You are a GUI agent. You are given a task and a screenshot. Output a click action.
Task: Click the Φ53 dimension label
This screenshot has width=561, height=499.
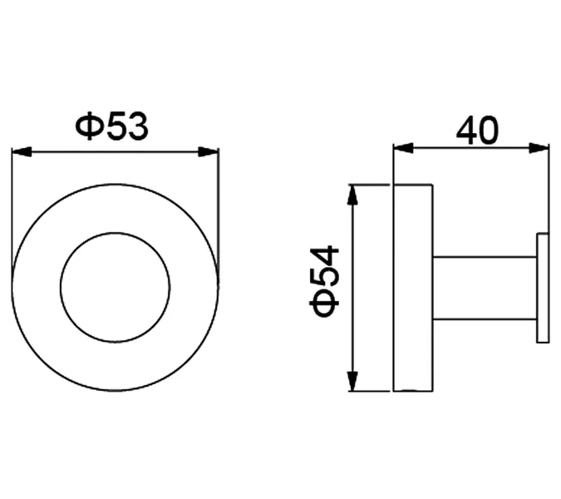pos(111,126)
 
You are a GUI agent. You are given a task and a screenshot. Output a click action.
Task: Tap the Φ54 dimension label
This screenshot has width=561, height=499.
pos(324,281)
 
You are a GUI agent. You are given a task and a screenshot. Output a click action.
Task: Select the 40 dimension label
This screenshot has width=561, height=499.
pos(477,130)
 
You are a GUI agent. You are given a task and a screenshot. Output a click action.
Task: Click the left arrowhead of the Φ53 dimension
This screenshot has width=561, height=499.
pos(22,151)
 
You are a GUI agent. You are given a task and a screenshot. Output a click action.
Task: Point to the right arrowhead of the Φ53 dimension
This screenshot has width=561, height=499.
pos(209,151)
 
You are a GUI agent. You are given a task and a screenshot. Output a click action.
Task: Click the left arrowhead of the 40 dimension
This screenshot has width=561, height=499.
pos(403,148)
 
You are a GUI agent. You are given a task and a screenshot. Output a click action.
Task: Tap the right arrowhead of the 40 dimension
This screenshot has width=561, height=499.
pos(539,148)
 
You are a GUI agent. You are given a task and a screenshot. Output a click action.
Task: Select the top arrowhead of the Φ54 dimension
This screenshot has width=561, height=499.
pos(353,195)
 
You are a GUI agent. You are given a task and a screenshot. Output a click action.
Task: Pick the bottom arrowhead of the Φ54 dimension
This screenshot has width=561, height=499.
pos(353,382)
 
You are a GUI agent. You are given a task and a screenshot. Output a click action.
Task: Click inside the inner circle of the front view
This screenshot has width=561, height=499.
pos(116,288)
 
